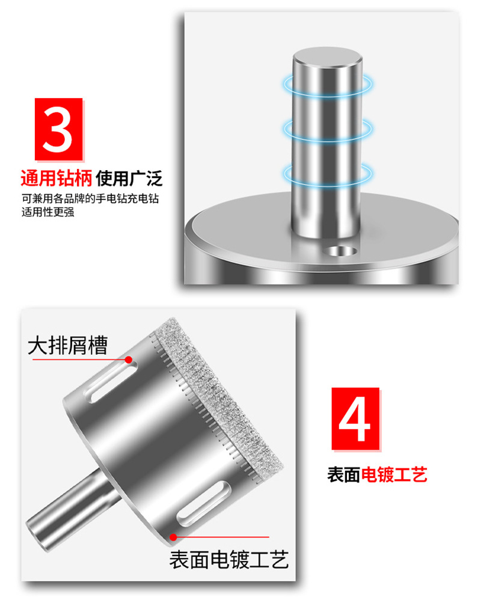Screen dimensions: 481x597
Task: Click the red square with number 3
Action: pos(59,129)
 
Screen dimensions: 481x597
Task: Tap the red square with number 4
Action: pos(355,419)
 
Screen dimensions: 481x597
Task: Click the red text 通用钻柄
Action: pos(57,178)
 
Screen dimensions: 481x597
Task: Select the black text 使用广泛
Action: pos(129,178)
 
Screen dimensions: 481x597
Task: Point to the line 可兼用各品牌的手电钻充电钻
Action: pos(90,199)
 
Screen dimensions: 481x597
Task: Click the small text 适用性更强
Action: pos(47,212)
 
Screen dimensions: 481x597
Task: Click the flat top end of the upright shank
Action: pos(328,58)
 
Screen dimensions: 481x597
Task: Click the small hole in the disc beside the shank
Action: pos(342,251)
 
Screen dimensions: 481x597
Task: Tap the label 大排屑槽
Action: pos(68,346)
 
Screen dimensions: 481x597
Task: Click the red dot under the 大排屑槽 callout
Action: pos(129,360)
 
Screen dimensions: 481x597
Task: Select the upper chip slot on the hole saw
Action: pos(112,381)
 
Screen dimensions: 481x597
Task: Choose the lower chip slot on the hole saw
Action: pos(204,503)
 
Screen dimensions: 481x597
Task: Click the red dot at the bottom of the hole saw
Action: pos(173,537)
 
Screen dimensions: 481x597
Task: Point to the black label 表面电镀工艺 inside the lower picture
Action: pos(229,559)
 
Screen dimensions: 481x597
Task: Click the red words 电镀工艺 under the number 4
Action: pos(394,474)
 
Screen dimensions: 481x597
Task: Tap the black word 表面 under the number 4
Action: pos(344,474)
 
